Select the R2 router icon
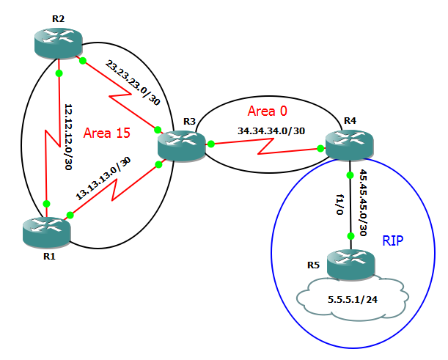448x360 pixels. tap(59, 42)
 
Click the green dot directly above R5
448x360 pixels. tap(351, 235)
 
